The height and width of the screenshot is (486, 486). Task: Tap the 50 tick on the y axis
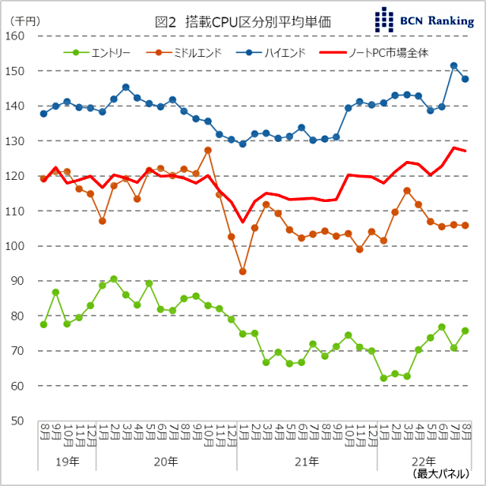pyautogui.click(x=18, y=421)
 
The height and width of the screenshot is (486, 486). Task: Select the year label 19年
pyautogui.click(x=67, y=461)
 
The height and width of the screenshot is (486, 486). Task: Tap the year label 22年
pyautogui.click(x=424, y=461)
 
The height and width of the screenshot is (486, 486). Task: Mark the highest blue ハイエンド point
pyautogui.click(x=454, y=66)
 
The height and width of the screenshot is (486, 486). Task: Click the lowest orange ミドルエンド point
pyautogui.click(x=243, y=271)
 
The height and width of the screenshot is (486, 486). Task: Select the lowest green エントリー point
pyautogui.click(x=383, y=378)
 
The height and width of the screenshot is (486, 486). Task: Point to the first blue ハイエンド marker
pyautogui.click(x=43, y=114)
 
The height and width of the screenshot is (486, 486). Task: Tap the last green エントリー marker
pyautogui.click(x=465, y=331)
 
